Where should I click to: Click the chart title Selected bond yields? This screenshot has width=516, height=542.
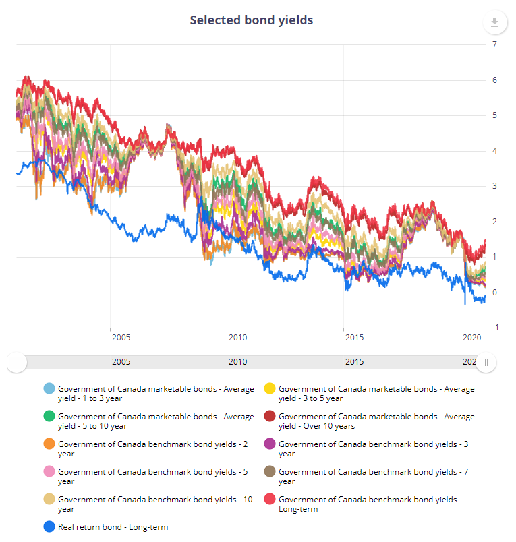coord(251,20)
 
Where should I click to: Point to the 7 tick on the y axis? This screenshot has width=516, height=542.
coord(495,44)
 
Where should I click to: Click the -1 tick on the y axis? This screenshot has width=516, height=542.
coord(496,328)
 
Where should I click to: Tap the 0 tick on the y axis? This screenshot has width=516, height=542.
coord(495,292)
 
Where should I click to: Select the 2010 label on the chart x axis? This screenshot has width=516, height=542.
coord(237,337)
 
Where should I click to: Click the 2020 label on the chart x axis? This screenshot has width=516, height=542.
coord(469,337)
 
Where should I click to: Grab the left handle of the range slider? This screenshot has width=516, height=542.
coord(16,362)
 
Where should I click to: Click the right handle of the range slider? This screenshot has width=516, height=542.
coord(486,362)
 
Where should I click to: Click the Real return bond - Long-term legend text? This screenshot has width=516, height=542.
coord(113,527)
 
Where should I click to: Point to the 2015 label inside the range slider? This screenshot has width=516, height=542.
coord(354,362)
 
